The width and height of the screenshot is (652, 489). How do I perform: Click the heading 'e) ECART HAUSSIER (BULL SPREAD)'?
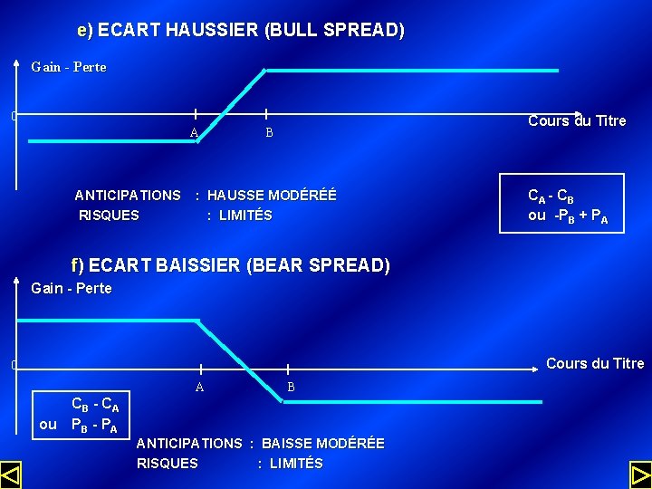coord(241,30)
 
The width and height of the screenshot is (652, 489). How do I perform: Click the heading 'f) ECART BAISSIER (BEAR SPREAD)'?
coord(230,265)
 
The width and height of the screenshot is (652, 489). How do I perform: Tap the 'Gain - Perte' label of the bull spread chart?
coord(69,67)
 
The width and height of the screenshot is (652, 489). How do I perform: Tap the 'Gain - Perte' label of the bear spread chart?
coord(72,288)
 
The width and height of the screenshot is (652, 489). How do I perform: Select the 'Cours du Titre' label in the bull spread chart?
coord(577,120)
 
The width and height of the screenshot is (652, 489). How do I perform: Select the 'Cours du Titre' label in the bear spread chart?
coord(595,363)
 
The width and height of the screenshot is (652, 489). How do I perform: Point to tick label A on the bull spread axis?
coord(194,133)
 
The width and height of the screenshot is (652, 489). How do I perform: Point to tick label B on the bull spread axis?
coord(269,132)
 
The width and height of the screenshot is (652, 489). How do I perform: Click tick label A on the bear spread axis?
coord(199,387)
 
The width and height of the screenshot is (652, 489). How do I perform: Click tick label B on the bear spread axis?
coord(291,387)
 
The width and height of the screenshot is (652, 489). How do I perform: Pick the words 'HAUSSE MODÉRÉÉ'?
coord(272,195)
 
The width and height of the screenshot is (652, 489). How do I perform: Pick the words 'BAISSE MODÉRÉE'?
coord(323,443)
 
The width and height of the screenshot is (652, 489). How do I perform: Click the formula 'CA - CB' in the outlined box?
coord(551,196)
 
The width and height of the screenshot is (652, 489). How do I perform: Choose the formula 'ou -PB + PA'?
coord(568,216)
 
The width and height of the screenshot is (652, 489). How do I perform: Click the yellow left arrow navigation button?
coord(11,475)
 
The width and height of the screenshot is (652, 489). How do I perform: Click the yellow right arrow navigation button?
coord(640,475)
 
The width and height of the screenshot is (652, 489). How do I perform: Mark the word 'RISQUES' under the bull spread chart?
coord(110,216)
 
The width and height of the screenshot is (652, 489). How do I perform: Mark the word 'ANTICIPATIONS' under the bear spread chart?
coord(189,443)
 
